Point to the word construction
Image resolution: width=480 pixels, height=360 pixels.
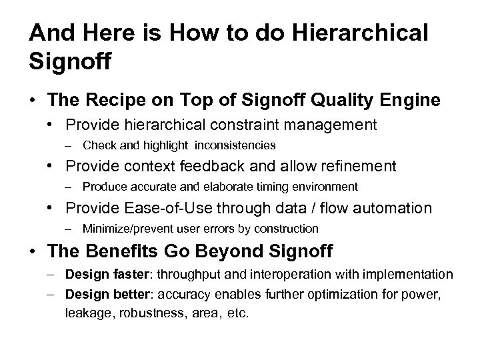coord(291,229)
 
